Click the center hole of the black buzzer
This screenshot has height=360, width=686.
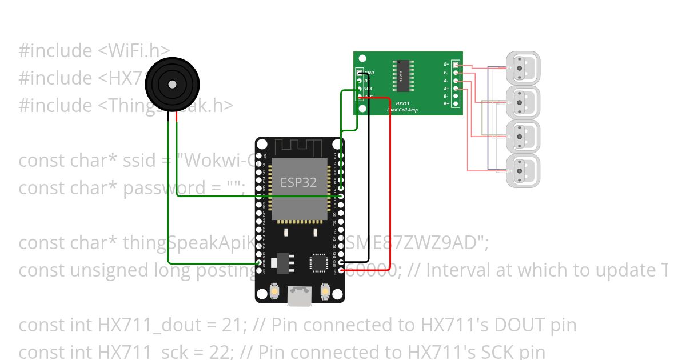coord(172,85)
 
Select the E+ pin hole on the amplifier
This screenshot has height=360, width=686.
coord(456,65)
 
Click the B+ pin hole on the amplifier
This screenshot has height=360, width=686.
coord(456,103)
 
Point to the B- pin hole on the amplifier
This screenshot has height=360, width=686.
coord(456,96)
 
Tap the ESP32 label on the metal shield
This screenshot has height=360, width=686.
coord(298,183)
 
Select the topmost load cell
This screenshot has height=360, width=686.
coord(523,68)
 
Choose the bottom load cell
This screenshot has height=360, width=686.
coord(523,170)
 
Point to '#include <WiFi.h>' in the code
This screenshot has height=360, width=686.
coord(94,50)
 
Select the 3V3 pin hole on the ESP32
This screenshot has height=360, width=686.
coord(341,270)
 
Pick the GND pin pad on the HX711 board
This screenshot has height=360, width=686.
coord(360,73)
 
